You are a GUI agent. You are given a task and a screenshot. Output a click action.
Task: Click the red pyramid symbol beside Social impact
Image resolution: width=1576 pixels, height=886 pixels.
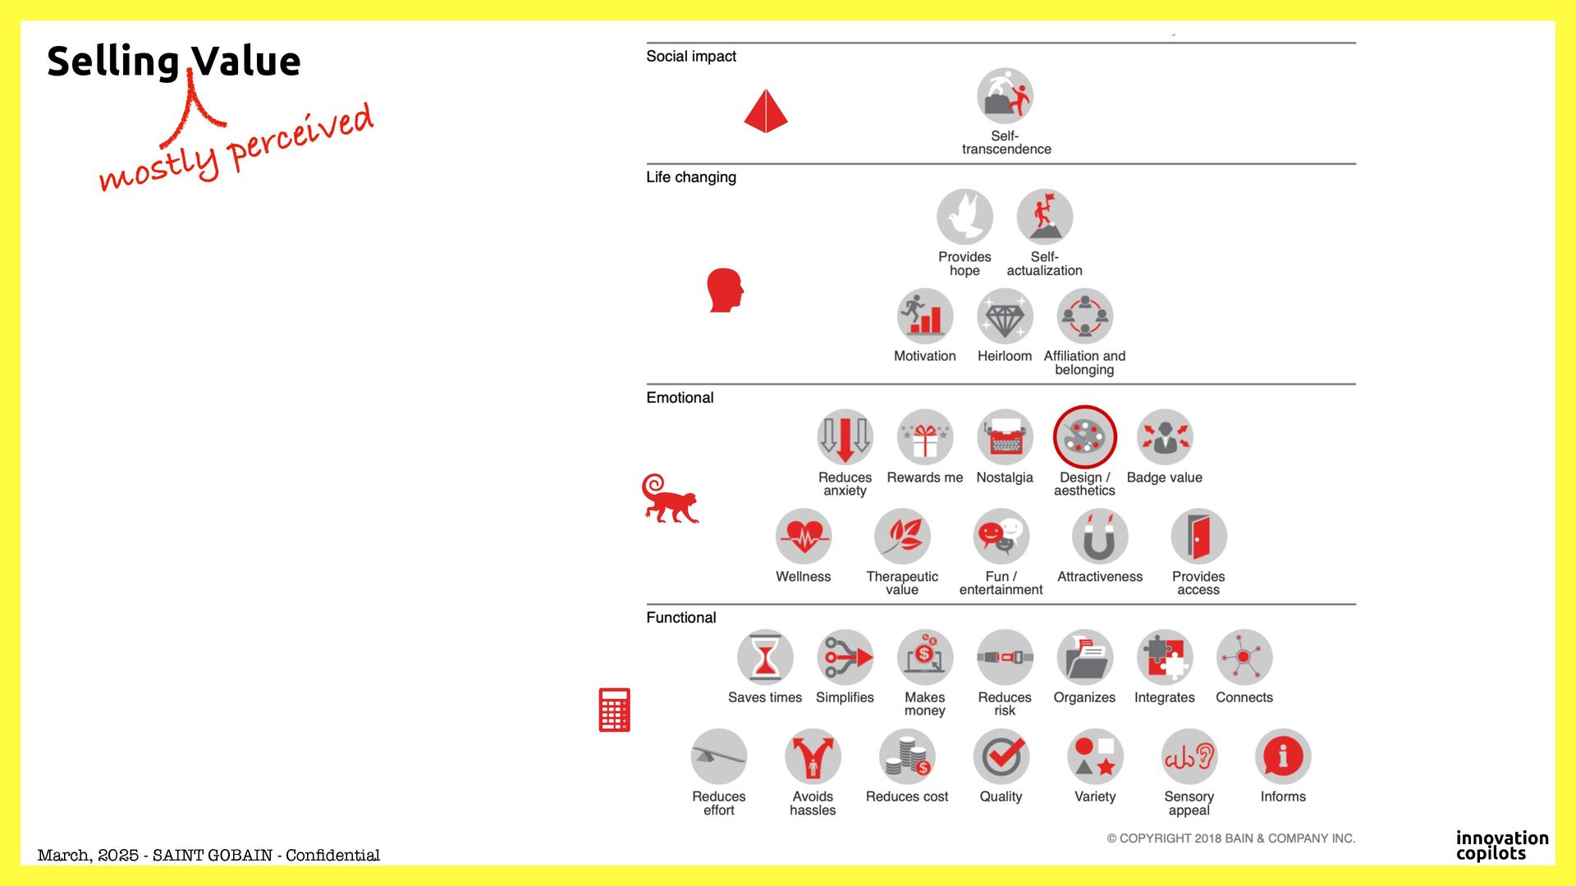(x=765, y=111)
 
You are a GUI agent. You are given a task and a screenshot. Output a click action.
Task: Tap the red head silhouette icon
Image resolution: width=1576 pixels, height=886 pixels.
(x=725, y=290)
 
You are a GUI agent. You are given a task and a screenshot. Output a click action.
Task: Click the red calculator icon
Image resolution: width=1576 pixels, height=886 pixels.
(x=614, y=710)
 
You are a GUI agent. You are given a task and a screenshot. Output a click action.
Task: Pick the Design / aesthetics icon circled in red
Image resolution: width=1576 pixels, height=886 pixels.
(x=1084, y=437)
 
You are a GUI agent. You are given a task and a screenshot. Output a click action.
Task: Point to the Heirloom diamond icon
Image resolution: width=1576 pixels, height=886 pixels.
(x=1004, y=317)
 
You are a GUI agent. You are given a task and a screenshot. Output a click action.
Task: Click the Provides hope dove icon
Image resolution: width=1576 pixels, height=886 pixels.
(x=964, y=217)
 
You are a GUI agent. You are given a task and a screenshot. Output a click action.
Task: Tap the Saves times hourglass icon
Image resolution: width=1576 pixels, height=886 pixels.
(x=764, y=657)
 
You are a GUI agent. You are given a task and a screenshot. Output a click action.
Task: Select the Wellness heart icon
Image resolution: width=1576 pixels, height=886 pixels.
(x=803, y=537)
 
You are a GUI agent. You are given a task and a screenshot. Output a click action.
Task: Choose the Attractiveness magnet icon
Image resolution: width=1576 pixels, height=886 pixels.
(x=1099, y=537)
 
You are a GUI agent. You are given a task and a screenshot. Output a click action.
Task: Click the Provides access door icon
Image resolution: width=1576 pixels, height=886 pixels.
(x=1198, y=537)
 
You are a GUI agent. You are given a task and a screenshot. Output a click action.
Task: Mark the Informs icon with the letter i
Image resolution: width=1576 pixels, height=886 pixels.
(x=1282, y=756)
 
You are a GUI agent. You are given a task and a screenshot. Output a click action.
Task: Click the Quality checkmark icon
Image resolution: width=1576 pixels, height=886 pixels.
(x=1001, y=756)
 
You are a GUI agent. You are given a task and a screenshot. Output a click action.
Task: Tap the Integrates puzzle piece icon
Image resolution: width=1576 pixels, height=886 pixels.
(x=1164, y=657)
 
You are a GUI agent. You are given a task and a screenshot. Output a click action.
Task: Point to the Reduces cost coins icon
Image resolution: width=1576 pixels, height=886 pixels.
(x=906, y=756)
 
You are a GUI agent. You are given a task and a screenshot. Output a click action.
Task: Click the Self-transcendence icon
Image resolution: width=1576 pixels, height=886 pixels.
(x=1005, y=96)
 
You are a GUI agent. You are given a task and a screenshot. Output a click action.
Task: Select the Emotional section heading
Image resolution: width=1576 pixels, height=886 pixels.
(x=680, y=398)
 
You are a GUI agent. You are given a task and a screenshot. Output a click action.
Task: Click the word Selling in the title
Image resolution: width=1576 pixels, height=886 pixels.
(x=113, y=62)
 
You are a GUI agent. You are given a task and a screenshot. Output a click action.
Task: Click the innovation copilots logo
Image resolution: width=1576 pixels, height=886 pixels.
(x=1501, y=845)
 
